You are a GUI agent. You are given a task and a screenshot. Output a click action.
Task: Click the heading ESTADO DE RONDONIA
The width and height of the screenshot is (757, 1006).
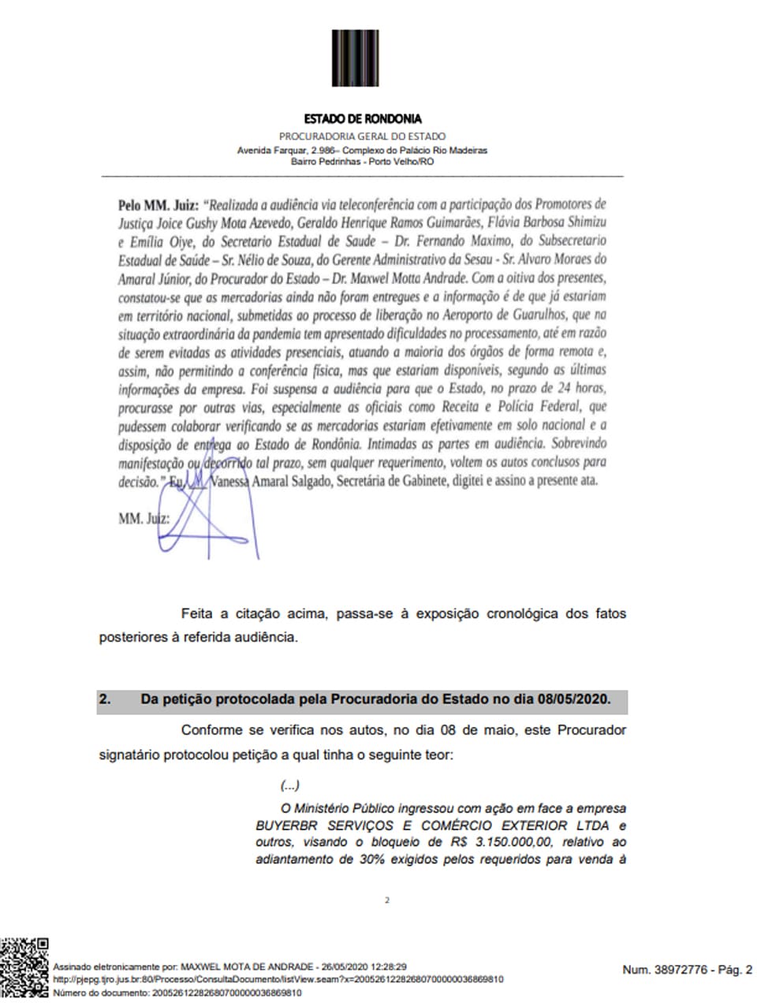click(x=362, y=119)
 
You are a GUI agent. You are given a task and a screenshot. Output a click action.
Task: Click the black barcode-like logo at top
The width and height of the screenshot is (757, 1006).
click(x=356, y=58)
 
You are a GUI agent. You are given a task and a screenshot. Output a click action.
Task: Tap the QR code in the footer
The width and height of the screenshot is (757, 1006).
click(x=25, y=967)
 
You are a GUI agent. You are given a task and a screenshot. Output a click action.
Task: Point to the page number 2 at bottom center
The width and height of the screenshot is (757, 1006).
click(x=386, y=900)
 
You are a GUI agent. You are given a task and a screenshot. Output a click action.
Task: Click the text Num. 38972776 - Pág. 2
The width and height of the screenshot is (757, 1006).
click(x=687, y=970)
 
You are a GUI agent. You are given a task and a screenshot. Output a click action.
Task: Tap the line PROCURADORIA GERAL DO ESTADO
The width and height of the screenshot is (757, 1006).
click(x=362, y=136)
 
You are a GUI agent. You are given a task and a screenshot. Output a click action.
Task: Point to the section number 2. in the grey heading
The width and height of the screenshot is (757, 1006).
click(x=105, y=699)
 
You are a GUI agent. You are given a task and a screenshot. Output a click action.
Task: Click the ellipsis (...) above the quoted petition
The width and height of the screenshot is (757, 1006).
click(x=289, y=785)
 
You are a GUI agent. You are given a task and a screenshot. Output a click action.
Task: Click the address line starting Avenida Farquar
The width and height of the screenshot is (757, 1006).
click(x=362, y=150)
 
